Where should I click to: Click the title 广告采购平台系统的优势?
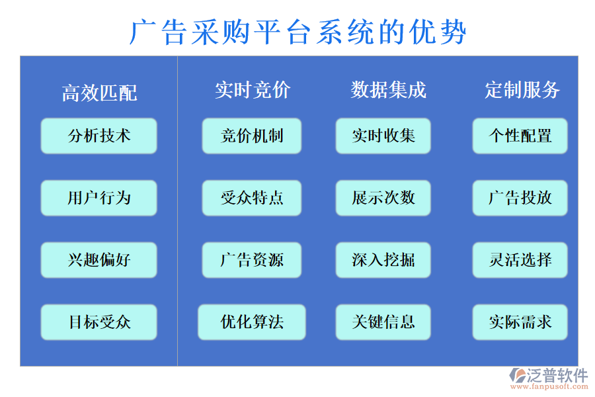point(297,32)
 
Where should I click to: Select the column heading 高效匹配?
point(99,93)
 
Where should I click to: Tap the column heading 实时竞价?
point(252,90)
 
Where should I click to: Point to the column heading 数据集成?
point(388,90)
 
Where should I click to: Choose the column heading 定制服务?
point(522,90)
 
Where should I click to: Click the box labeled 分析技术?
point(99,136)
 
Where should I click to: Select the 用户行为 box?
point(99,198)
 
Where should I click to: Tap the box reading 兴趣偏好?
point(99,260)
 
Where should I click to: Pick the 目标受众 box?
point(99,322)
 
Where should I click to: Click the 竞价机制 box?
point(252,136)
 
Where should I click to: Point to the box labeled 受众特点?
point(252,198)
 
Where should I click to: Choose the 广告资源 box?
point(252,260)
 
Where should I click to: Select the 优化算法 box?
point(252,322)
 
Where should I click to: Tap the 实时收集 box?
point(383,136)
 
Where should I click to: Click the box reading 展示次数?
point(383,198)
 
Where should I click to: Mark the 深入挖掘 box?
point(383,260)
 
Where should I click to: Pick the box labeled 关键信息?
point(383,322)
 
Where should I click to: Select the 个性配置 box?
point(520,136)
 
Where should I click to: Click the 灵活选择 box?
point(520,260)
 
